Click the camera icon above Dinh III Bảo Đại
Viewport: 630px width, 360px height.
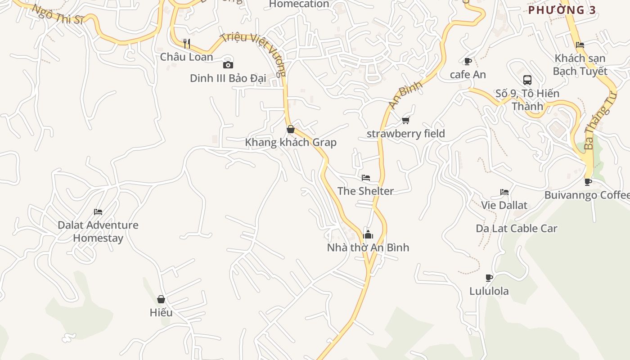228,65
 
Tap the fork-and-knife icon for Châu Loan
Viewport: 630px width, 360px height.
187,44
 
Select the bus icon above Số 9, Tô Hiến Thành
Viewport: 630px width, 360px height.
527,80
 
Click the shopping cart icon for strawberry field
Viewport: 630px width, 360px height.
406,120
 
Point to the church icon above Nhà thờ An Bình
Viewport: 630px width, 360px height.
368,234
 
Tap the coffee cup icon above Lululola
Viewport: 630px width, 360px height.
489,278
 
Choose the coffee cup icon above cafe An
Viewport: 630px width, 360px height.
468,61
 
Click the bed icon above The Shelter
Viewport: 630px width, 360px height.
366,178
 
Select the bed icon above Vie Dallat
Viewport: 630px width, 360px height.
504,192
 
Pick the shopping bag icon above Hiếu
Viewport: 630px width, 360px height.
161,299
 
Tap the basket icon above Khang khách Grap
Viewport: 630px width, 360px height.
291,129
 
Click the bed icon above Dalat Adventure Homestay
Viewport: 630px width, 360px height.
98,212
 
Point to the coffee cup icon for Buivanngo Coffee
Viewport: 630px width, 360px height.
588,182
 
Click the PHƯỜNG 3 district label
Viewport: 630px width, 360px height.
562,10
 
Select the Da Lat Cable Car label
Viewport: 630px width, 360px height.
517,229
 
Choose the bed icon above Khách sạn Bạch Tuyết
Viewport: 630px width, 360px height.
580,45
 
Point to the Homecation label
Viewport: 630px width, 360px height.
299,4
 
